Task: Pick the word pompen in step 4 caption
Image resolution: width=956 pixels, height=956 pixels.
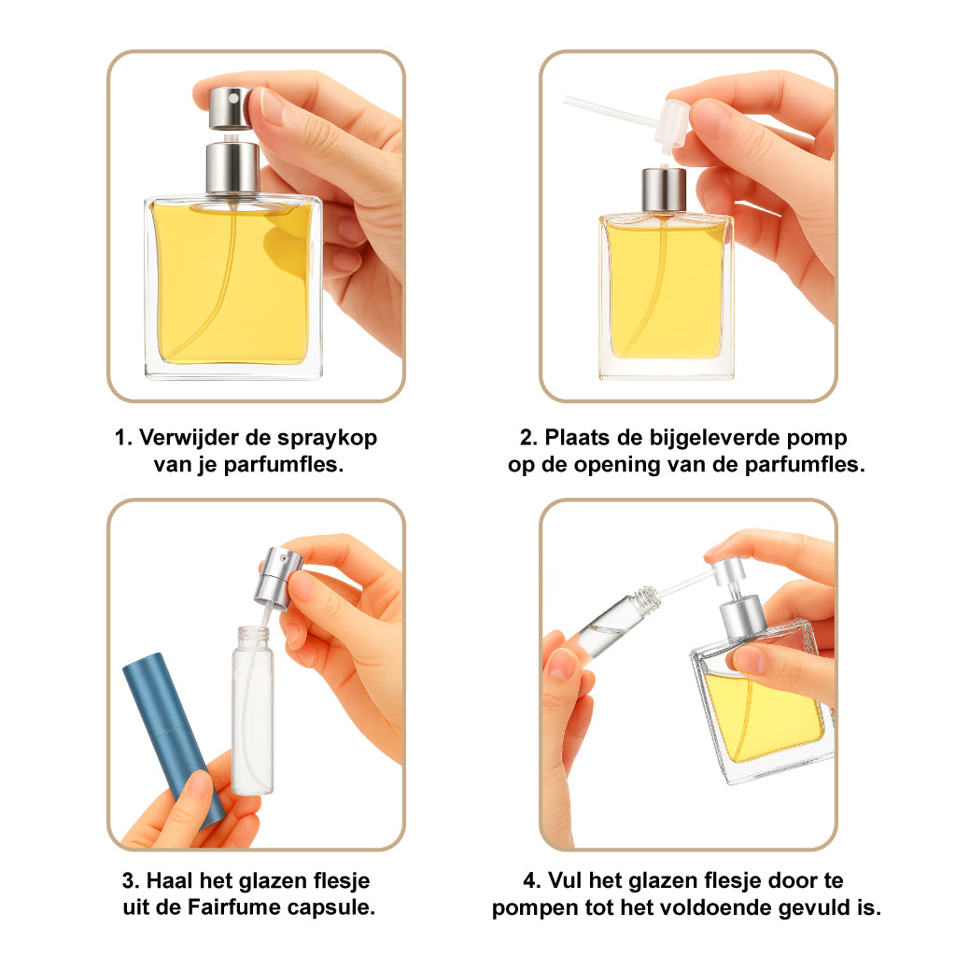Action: (x=533, y=907)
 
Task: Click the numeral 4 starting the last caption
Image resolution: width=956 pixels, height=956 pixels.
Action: (x=529, y=880)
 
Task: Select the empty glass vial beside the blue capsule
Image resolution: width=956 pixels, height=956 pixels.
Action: (x=251, y=714)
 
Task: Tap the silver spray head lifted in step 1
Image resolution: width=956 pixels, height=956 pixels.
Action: (x=230, y=107)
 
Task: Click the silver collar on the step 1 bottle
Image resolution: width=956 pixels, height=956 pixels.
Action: (x=232, y=168)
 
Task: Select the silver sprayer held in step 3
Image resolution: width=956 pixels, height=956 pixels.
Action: (x=281, y=575)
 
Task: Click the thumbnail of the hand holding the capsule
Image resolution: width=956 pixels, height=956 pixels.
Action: (x=198, y=784)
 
